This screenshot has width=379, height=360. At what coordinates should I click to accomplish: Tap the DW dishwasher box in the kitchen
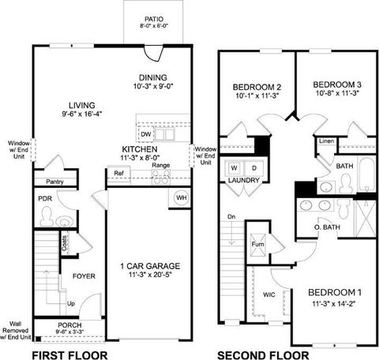tap(146, 135)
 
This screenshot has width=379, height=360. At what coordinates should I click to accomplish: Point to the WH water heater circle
tap(181, 197)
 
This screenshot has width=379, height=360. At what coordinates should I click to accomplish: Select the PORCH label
tap(70, 325)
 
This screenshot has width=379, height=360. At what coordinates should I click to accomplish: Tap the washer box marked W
tap(234, 168)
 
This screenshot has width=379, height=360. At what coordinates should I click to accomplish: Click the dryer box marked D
tap(253, 168)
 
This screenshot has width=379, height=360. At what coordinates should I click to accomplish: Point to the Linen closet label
tap(327, 142)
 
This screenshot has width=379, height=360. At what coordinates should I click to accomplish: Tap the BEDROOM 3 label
tap(336, 84)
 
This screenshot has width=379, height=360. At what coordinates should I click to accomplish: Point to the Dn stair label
tap(231, 216)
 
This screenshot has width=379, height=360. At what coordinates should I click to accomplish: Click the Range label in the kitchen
tap(161, 165)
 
